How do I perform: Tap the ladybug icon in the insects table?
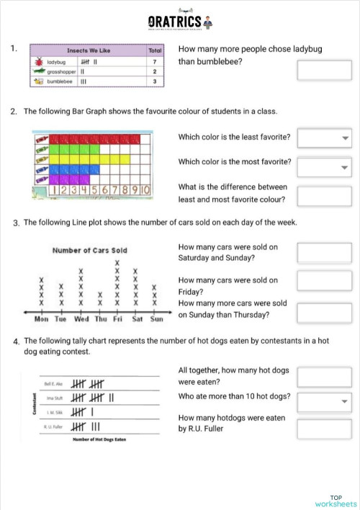pyautogui.click(x=37, y=63)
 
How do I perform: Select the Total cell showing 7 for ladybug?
pyautogui.click(x=155, y=63)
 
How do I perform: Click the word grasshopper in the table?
pyautogui.click(x=61, y=72)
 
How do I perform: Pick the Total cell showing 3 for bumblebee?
pyautogui.click(x=155, y=81)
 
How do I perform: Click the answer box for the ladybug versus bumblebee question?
pyautogui.click(x=324, y=70)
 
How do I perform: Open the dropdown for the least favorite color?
pyautogui.click(x=324, y=138)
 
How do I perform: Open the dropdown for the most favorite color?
pyautogui.click(x=324, y=167)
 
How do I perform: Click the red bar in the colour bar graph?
pyautogui.click(x=94, y=138)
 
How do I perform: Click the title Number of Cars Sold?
pyautogui.click(x=90, y=250)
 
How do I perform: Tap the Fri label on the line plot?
pyautogui.click(x=117, y=318)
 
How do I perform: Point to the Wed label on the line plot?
pyautogui.click(x=81, y=318)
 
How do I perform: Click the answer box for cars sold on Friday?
pyautogui.click(x=324, y=285)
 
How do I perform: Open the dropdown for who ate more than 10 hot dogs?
pyautogui.click(x=324, y=401)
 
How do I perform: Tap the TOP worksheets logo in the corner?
pyautogui.click(x=336, y=501)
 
